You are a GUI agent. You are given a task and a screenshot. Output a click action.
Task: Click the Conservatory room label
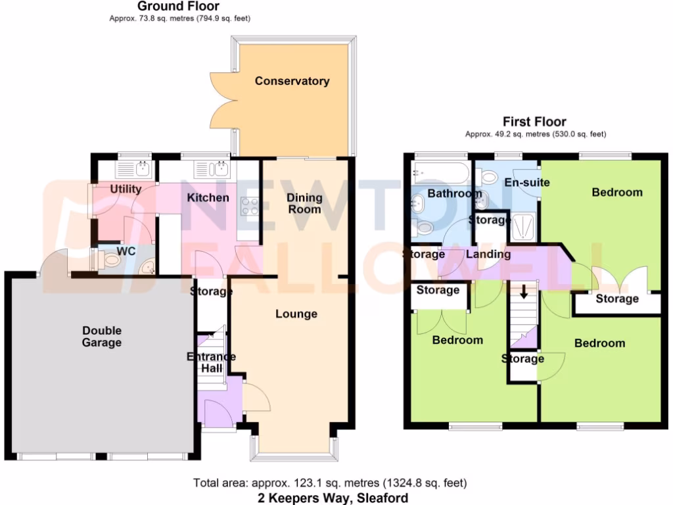(292, 82)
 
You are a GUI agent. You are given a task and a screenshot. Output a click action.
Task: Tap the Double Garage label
(102, 337)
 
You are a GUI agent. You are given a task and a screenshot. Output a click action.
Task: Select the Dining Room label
(305, 203)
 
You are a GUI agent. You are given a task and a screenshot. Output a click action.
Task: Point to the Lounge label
(296, 314)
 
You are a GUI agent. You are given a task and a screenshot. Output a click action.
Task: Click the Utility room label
(126, 189)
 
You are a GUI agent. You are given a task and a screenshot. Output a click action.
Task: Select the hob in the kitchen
(250, 207)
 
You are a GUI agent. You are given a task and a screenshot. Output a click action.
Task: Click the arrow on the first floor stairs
(524, 291)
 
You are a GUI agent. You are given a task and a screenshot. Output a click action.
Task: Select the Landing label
(488, 254)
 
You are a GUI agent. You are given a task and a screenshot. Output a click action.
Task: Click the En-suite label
(526, 182)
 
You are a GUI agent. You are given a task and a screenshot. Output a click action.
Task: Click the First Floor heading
(534, 122)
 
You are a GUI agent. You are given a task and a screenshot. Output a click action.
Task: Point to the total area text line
(330, 483)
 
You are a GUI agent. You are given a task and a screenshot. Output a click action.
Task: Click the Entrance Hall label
(212, 362)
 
